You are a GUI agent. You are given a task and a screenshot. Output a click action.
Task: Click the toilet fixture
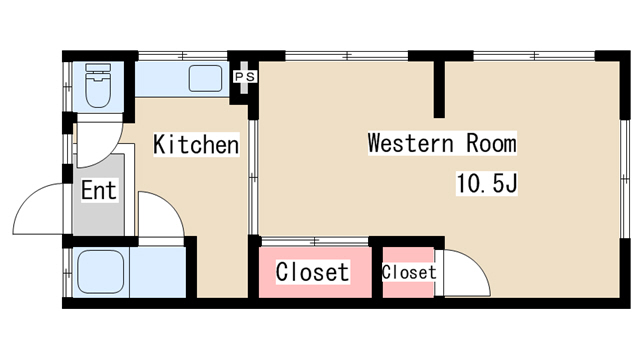click(x=98, y=85)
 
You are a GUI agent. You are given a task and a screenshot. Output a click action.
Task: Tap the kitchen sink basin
click(x=205, y=78)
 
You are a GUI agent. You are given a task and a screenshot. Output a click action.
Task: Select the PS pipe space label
click(x=245, y=76)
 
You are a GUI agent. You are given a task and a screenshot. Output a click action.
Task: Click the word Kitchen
click(x=196, y=144)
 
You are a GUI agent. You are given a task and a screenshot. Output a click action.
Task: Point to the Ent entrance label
click(x=99, y=190)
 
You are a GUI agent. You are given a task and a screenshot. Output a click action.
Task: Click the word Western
click(x=410, y=143)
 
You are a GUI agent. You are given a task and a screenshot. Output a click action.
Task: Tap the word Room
click(x=491, y=143)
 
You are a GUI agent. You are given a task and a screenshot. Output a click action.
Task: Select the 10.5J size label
click(x=487, y=183)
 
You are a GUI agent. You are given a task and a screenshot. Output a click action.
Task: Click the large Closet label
click(x=312, y=271)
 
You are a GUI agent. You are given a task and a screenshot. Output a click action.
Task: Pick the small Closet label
click(x=409, y=272)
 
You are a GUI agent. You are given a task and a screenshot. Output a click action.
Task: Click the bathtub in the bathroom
click(x=101, y=272)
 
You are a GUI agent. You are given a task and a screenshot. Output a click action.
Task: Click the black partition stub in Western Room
click(x=439, y=89)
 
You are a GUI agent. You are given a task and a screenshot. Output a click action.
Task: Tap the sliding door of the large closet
click(x=315, y=241)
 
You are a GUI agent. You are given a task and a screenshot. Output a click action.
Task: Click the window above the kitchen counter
click(x=182, y=56)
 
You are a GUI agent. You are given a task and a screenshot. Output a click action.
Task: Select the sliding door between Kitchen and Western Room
click(x=253, y=177)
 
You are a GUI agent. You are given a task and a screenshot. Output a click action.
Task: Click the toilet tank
click(x=98, y=67)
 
